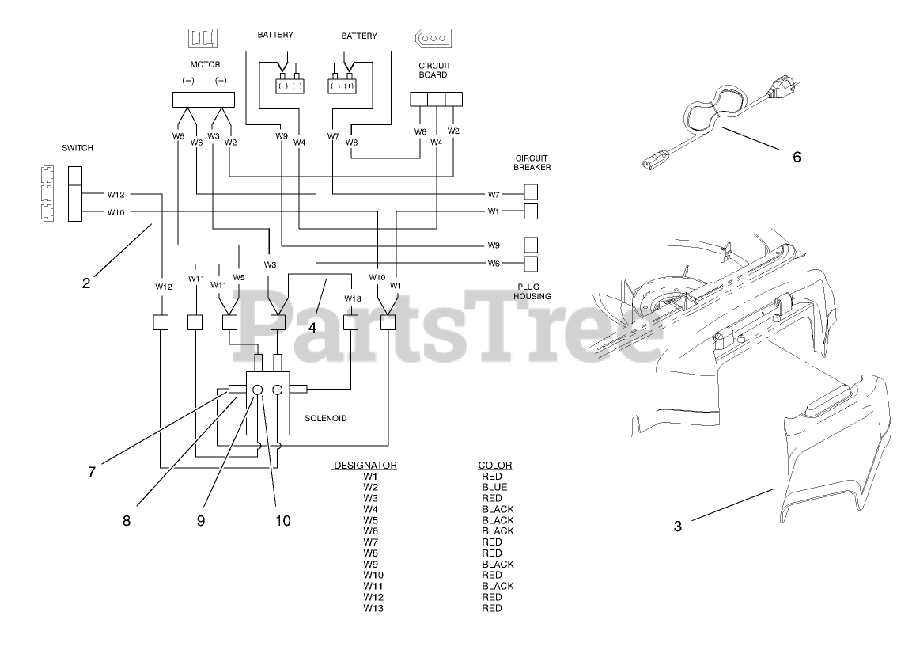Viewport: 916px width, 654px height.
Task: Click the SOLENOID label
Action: click(326, 417)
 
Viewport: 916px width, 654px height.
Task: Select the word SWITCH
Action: click(78, 148)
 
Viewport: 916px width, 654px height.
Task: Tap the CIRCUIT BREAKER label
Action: click(532, 162)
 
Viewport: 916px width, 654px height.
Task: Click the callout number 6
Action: click(797, 157)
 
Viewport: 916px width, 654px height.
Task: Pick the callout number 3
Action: click(678, 526)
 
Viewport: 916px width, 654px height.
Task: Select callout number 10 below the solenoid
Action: click(282, 520)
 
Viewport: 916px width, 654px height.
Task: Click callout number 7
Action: click(92, 472)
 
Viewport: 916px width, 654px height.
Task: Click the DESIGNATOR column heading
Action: click(365, 465)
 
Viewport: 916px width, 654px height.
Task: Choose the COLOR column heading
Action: click(495, 465)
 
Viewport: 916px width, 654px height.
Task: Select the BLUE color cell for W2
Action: click(495, 487)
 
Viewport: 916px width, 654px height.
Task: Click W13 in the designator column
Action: click(372, 608)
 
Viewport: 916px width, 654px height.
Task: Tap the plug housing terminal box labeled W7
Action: click(532, 192)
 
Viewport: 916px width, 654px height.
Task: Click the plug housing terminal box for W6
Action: click(532, 264)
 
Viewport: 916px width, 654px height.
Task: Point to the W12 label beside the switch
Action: click(116, 194)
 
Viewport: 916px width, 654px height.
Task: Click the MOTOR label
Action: click(204, 64)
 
